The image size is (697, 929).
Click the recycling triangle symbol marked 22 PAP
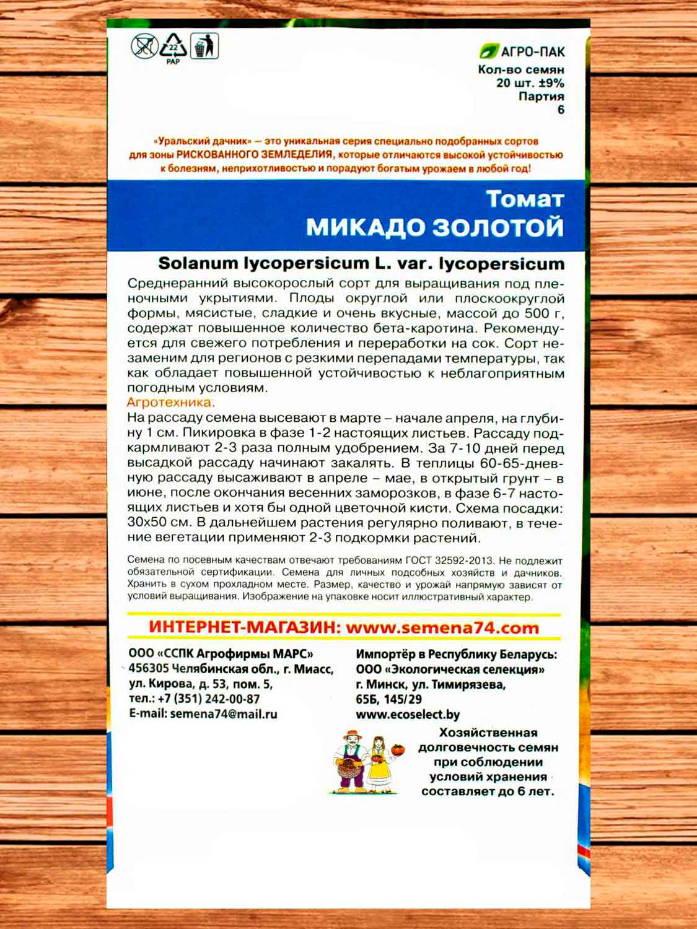pyautogui.click(x=173, y=46)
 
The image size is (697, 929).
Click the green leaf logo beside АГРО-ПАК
pyautogui.click(x=489, y=51)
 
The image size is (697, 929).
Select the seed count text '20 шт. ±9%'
pyautogui.click(x=530, y=83)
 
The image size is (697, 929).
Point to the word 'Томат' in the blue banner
pyautogui.click(x=525, y=199)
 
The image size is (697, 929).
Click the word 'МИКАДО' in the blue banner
pyautogui.click(x=366, y=227)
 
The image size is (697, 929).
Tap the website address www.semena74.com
pyautogui.click(x=442, y=627)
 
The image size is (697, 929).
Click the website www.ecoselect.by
pyautogui.click(x=408, y=714)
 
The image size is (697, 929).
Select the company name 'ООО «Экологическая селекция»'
pyautogui.click(x=450, y=669)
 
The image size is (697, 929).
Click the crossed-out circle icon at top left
pyautogui.click(x=144, y=46)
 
